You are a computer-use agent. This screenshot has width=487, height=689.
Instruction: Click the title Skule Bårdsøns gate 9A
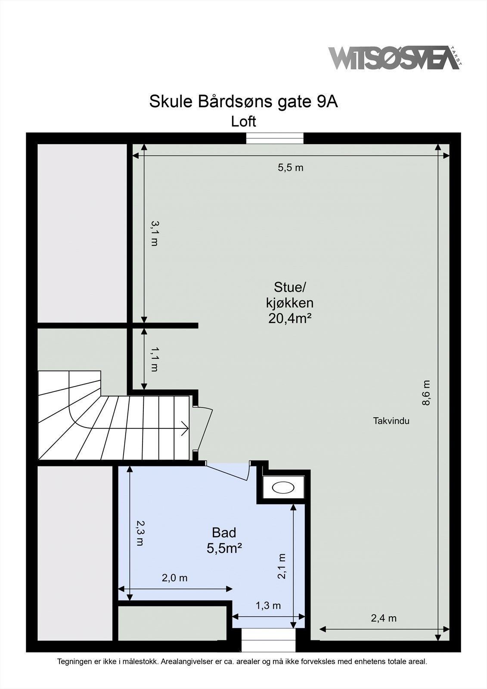coord(243,102)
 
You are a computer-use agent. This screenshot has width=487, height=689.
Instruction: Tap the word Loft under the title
coord(243,121)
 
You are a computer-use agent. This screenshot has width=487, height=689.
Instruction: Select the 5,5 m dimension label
coord(290,168)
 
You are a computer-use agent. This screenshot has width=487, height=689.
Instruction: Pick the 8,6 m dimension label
coord(425,392)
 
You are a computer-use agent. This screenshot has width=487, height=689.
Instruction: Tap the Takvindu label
coord(391,421)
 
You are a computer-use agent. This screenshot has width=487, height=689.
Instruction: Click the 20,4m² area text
coord(290,319)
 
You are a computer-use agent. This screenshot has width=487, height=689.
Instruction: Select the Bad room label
coord(224,533)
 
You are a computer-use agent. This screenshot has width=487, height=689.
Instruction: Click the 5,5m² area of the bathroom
coord(224,548)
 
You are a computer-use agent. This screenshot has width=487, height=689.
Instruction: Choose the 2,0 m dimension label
coord(174,578)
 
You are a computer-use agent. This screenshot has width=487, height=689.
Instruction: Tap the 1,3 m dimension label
coord(268,605)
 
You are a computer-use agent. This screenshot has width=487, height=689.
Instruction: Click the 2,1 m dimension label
coord(282,566)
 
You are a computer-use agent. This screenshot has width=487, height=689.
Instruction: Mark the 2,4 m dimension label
coord(384,618)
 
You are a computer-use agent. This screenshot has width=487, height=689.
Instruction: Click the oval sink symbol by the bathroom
coord(283,487)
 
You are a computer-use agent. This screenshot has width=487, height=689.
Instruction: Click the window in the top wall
coord(275,138)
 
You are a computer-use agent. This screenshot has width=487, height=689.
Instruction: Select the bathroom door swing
coord(228,471)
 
